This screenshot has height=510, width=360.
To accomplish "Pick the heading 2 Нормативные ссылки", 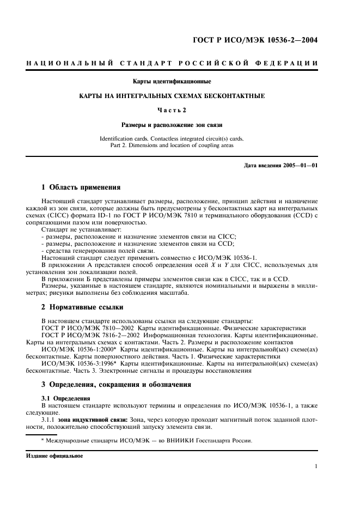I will tap(82, 307).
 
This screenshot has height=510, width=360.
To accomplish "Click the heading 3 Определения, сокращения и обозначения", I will tap(116, 384).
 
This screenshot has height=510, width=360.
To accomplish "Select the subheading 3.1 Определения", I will tap(62, 398).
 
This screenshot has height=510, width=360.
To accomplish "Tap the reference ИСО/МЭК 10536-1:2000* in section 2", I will tap(79, 348).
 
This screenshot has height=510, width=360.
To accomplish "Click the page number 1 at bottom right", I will tap(316, 466).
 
